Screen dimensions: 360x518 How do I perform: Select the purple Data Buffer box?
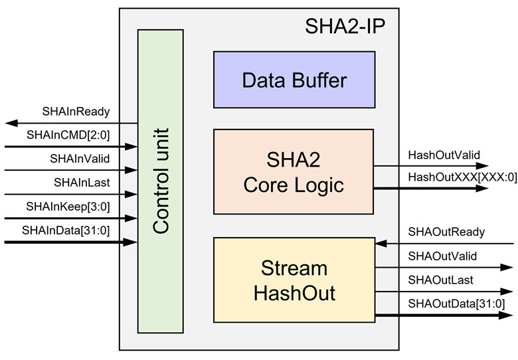(294, 80)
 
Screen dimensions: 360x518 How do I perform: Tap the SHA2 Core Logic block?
(294, 172)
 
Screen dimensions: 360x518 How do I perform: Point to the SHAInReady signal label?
(76, 112)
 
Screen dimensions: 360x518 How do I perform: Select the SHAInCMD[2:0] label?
(69, 135)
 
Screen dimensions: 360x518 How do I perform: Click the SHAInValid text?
(80, 158)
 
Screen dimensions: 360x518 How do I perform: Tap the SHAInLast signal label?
(82, 182)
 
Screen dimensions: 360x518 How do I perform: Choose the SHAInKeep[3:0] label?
(68, 206)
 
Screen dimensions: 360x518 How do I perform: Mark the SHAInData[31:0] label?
(66, 230)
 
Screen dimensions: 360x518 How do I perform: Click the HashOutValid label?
(444, 155)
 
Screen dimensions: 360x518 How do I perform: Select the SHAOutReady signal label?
(446, 232)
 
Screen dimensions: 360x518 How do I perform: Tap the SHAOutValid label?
(442, 256)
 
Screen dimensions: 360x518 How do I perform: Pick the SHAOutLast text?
(440, 280)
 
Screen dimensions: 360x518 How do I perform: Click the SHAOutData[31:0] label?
(456, 304)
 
